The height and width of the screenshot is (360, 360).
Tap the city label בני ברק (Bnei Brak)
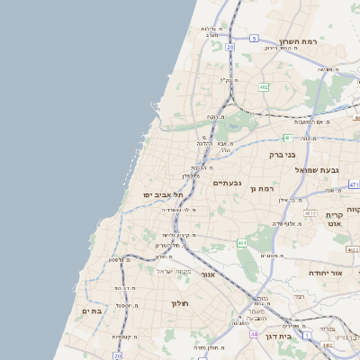pyautogui.click(x=283, y=155)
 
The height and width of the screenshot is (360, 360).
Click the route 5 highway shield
pyautogui.click(x=255, y=38)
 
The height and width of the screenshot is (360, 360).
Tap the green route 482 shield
pyautogui.click(x=264, y=87)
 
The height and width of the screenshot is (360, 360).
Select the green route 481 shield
pyautogui.click(x=288, y=138)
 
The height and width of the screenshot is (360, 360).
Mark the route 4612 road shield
pyautogui.click(x=309, y=213)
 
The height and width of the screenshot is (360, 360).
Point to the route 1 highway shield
pyautogui.click(x=306, y=335)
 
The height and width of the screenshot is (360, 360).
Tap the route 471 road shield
pyautogui.click(x=354, y=184)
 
